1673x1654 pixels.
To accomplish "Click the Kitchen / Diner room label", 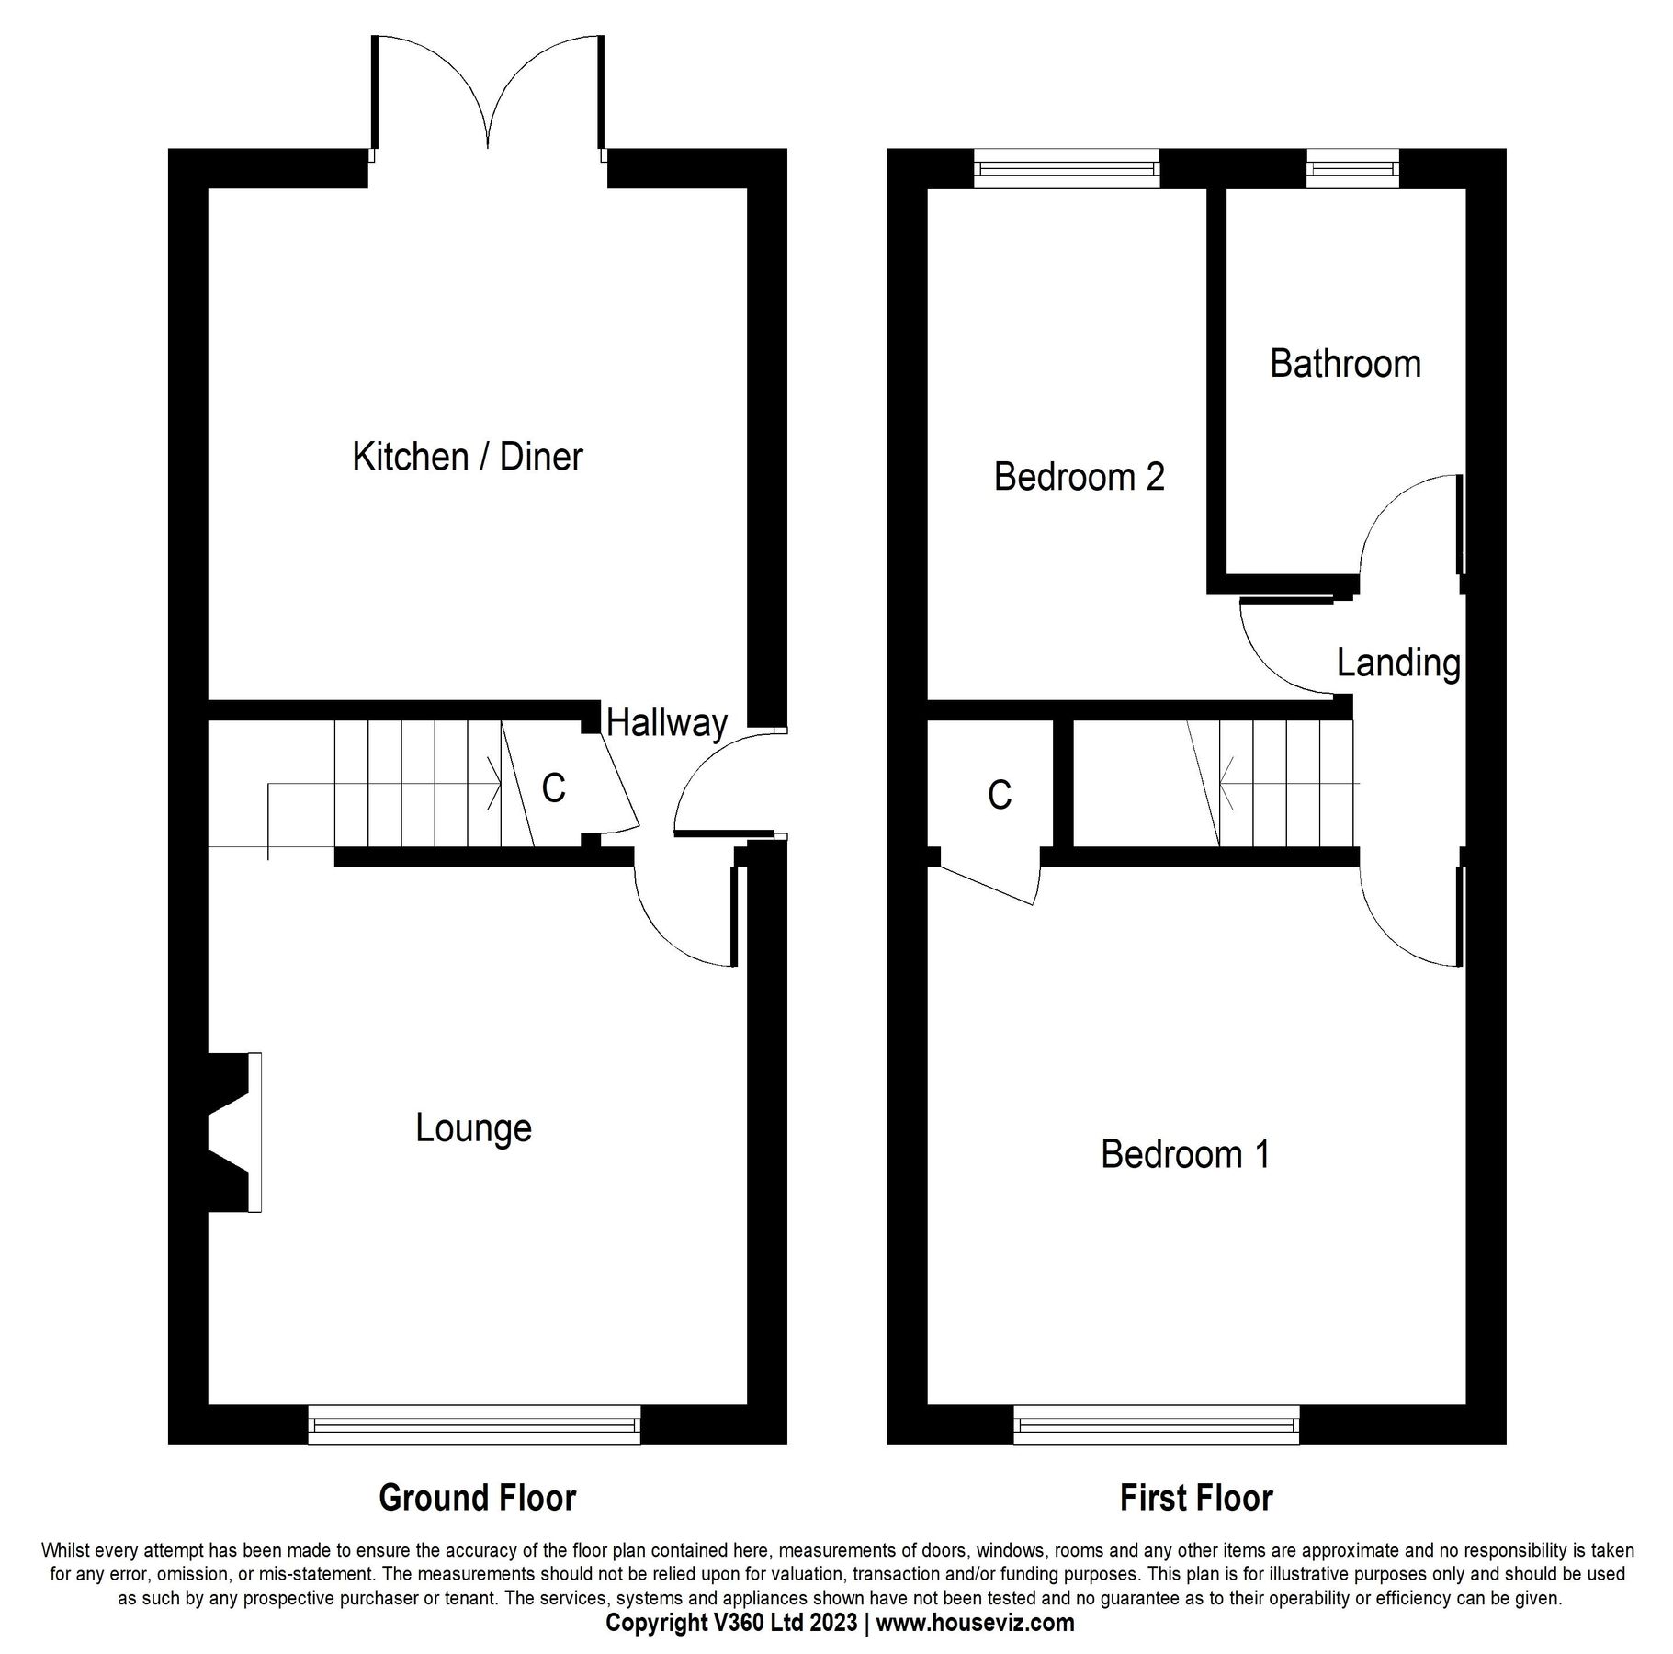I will pos(467,457).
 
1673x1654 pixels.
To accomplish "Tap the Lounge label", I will pos(473,1127).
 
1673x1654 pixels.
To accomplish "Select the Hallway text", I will pos(667,723).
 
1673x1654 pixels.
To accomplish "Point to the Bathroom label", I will pos(1344,364).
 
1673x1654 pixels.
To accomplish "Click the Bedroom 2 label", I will pos(1079,477).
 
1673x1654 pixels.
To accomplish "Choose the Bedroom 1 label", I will pos(1184,1154).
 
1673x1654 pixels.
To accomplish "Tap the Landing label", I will pos(1397,663).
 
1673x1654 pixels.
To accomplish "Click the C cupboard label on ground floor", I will pos(553,788).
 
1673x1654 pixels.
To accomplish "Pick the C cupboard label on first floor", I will pos(999,795).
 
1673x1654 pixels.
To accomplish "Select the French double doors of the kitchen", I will pos(489,96).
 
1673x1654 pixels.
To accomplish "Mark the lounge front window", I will pos(473,1424).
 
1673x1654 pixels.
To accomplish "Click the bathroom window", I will pos(1352,169).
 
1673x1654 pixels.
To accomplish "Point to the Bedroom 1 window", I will pos(1156,1424).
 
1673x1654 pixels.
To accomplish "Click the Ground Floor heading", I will pos(477,1498).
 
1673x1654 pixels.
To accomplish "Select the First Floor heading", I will pos(1195,1498).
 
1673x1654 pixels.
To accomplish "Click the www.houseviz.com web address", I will pos(975,1623).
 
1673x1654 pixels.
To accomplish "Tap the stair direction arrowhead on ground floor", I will pos(496,785).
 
